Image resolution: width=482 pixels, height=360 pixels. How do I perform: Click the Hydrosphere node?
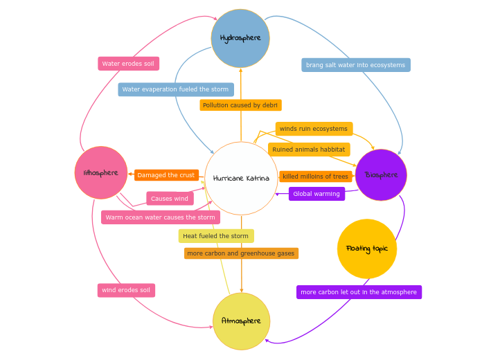(240, 38)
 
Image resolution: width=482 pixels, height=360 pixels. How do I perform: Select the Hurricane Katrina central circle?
(241, 179)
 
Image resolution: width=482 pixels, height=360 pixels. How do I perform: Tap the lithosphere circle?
(101, 172)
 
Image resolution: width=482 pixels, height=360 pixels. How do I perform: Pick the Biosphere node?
(381, 175)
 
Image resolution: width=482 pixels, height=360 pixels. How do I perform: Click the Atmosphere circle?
(241, 321)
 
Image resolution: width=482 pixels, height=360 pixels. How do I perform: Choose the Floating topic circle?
(367, 249)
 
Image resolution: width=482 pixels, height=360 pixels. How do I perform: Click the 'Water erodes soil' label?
(129, 64)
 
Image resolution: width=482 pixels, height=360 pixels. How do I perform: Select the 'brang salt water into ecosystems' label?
(356, 65)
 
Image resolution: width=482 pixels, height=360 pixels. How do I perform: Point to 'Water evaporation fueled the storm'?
(176, 89)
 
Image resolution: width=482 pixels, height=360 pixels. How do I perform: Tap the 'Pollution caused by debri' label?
(240, 105)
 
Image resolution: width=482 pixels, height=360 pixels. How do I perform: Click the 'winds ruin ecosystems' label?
(314, 129)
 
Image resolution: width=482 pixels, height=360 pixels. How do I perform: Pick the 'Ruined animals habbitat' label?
(309, 150)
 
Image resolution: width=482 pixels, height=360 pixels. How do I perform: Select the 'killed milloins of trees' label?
(316, 177)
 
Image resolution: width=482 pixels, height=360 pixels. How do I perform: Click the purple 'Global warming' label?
(316, 194)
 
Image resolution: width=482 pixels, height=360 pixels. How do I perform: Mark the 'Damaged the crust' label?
(166, 175)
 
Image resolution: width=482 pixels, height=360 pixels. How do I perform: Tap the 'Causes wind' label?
(170, 199)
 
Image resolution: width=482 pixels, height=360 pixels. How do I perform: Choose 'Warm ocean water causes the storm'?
(161, 217)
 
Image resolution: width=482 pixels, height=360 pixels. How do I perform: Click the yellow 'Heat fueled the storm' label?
(216, 236)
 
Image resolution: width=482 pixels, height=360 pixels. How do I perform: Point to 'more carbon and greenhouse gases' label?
(241, 253)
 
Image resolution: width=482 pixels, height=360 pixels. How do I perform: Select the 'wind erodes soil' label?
(126, 290)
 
